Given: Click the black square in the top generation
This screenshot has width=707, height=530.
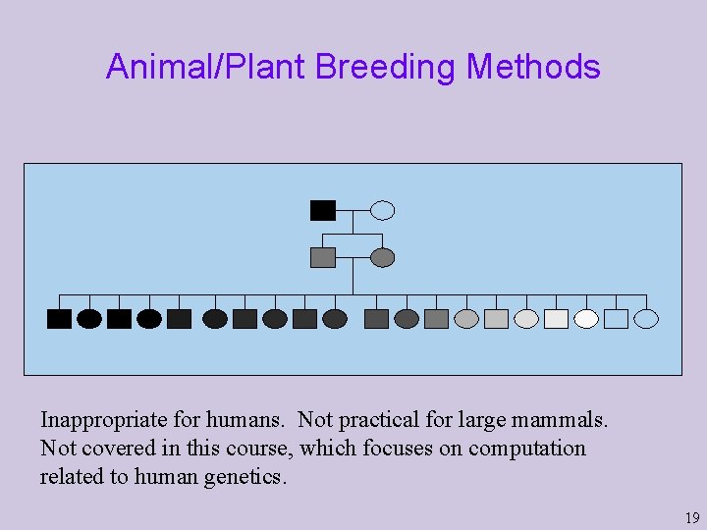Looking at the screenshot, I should pos(322,210).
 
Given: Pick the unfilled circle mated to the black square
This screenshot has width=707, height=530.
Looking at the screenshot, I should pos(383,210).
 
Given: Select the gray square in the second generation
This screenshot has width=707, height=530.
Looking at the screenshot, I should pos(322,257).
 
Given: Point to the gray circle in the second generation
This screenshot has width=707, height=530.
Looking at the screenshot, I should pos(383,257).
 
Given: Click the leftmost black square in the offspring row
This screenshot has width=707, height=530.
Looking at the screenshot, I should pos(59,319).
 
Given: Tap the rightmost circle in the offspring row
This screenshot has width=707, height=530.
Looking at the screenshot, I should pos(646,319).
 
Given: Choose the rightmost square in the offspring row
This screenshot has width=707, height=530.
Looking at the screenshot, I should pos(616,319).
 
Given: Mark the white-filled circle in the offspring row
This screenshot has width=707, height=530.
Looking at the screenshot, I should pos(586,319).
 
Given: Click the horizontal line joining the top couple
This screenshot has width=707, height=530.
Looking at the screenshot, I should pos(353,210).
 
